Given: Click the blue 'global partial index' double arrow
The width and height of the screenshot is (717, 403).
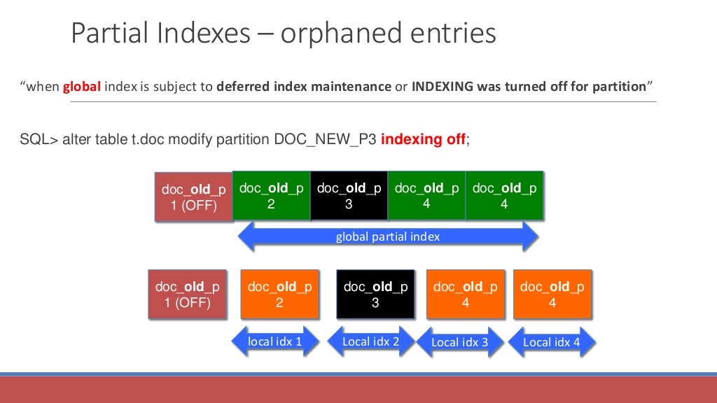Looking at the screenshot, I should coord(388,237).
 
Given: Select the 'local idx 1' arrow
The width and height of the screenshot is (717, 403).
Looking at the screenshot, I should coord(274,341).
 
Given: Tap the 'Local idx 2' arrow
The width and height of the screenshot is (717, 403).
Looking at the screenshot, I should coord(370,341).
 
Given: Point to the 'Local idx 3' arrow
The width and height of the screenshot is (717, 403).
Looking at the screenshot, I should coord(459,342).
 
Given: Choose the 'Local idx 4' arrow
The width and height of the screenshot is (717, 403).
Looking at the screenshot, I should coord(551,342).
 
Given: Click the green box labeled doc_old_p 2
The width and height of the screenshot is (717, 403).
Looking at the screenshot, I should coord(271,196).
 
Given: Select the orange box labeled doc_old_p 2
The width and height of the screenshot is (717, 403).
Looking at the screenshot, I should coord(279,295).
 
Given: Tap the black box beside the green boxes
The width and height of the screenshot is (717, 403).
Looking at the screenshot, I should coord(349,196).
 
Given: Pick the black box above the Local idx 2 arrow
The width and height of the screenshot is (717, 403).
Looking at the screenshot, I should coord(375,295).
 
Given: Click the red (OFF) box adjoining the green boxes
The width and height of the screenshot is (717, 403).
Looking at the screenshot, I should coord(193,197).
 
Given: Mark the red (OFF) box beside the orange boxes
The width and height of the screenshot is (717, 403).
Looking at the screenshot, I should coord(187,295).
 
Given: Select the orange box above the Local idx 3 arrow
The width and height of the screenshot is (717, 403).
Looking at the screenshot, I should coord(466,295).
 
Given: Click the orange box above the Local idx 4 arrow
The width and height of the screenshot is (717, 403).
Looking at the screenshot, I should coord(552,295).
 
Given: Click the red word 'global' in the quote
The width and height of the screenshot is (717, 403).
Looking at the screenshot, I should coord(83,87).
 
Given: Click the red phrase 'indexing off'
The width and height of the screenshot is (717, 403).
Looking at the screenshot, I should coord(423,139).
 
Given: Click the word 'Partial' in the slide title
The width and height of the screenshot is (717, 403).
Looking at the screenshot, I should coord(113,34).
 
